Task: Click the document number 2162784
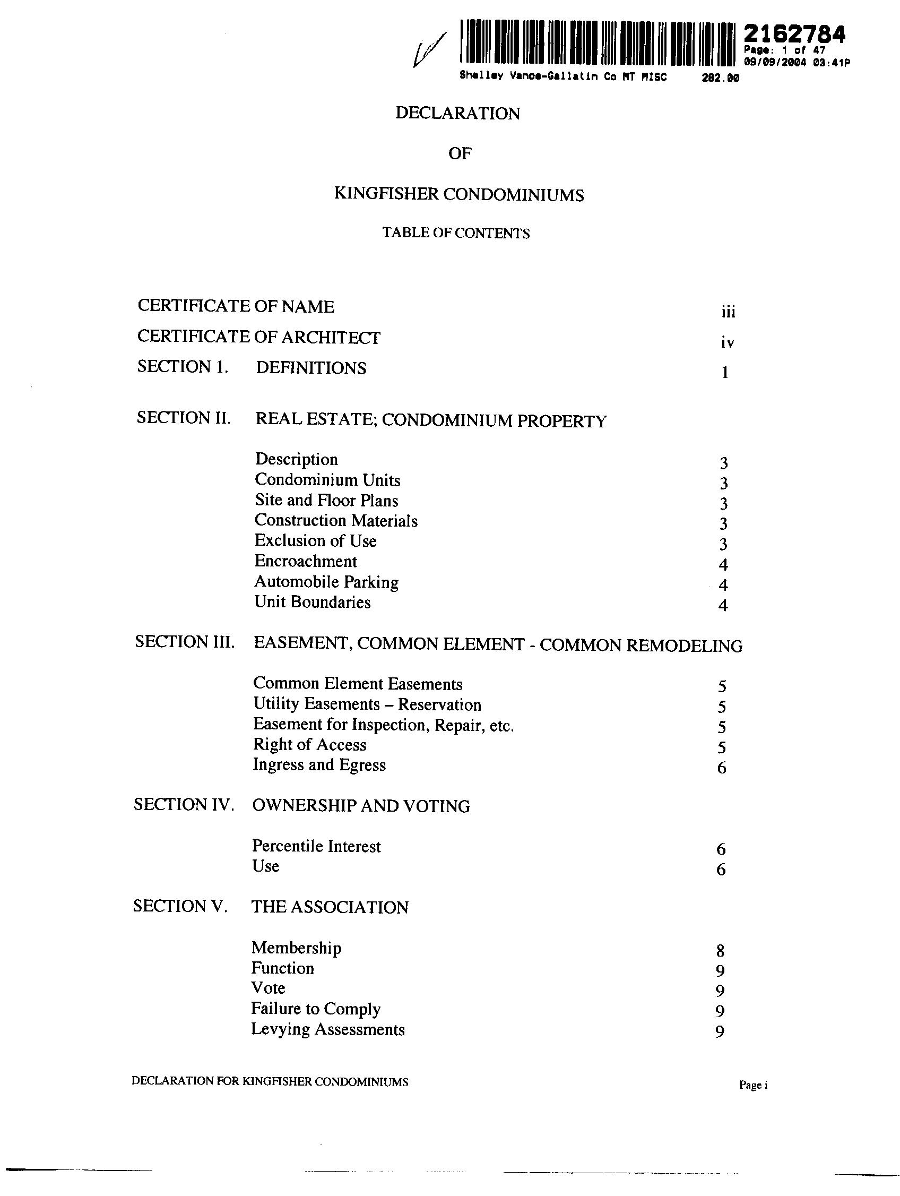tap(793, 35)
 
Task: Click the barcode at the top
tap(597, 42)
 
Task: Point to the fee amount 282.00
tap(720, 78)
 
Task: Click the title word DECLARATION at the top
tap(457, 114)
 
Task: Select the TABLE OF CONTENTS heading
tap(456, 233)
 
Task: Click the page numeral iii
tap(728, 312)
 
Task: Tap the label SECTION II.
tap(183, 417)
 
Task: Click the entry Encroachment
tap(306, 561)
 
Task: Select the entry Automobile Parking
tap(326, 582)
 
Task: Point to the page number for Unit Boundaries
tap(723, 605)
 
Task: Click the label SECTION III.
tap(184, 642)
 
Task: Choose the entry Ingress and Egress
tap(319, 765)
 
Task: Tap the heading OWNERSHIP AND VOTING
tap(360, 806)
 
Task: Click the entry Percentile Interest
tap(316, 846)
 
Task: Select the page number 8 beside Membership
tap(720, 951)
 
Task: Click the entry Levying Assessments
tap(327, 1029)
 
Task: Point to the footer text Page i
tap(753, 1085)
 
